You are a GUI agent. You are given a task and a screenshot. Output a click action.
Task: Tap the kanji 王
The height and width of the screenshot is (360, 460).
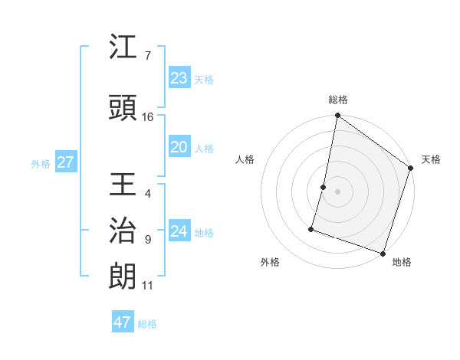(x=123, y=186)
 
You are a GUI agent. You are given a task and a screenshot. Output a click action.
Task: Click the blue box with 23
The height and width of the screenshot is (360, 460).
(x=179, y=78)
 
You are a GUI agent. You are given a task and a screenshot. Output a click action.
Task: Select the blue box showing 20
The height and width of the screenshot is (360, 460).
(x=179, y=147)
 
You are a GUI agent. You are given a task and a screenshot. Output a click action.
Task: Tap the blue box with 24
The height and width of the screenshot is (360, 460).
(x=179, y=231)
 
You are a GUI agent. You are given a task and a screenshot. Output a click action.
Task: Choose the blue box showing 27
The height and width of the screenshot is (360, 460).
(x=66, y=162)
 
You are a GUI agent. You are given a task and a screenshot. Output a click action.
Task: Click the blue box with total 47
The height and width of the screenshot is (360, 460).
(x=123, y=322)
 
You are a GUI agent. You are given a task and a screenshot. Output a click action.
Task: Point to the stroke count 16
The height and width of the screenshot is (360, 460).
(x=148, y=117)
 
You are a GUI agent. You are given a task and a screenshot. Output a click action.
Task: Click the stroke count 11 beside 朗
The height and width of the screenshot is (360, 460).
(x=148, y=286)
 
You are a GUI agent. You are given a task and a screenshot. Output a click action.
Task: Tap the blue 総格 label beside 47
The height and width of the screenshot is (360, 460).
(x=147, y=324)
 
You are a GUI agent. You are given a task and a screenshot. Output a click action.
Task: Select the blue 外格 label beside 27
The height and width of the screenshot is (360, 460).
(x=41, y=163)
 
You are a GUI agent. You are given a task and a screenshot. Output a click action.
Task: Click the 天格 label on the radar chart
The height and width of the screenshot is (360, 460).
(x=431, y=159)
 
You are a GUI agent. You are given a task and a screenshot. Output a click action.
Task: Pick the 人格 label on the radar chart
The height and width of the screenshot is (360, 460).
(x=245, y=159)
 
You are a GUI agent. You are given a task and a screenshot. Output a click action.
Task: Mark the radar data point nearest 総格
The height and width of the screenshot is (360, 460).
(x=337, y=116)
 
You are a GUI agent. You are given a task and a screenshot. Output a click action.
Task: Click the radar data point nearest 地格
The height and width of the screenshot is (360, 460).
(x=383, y=253)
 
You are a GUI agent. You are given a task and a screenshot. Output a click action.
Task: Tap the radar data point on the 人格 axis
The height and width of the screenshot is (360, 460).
(x=324, y=187)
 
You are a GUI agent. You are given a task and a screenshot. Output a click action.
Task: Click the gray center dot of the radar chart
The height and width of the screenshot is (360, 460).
(x=337, y=191)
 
